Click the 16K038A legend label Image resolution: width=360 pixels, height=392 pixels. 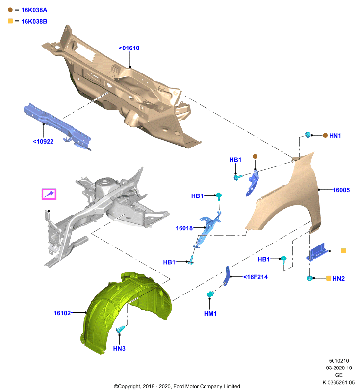pos(34,10)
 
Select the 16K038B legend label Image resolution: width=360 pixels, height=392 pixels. pos(34,21)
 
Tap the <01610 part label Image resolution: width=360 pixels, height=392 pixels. pos(129,48)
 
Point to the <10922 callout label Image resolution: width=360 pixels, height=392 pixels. pos(43,142)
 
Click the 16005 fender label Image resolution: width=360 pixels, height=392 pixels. pos(341,190)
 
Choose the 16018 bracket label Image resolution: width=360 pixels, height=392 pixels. pos(184,228)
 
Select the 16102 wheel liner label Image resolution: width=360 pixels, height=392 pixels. pos(62,313)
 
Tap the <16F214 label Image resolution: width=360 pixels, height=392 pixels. pos(256,277)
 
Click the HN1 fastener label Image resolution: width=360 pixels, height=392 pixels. pos(335,136)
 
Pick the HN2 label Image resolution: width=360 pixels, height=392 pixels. pos(339,278)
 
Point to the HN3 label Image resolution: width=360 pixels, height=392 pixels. pos(119,348)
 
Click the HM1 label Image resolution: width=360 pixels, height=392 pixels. pos(210,313)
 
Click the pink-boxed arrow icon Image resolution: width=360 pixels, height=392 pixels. pos(49,194)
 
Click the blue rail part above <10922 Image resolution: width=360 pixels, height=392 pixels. pos(57,126)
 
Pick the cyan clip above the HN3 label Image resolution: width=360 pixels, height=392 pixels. pos(121,330)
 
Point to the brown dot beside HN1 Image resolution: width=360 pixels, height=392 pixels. pos(325,136)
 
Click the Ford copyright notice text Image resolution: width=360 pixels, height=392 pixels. pos(177,386)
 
